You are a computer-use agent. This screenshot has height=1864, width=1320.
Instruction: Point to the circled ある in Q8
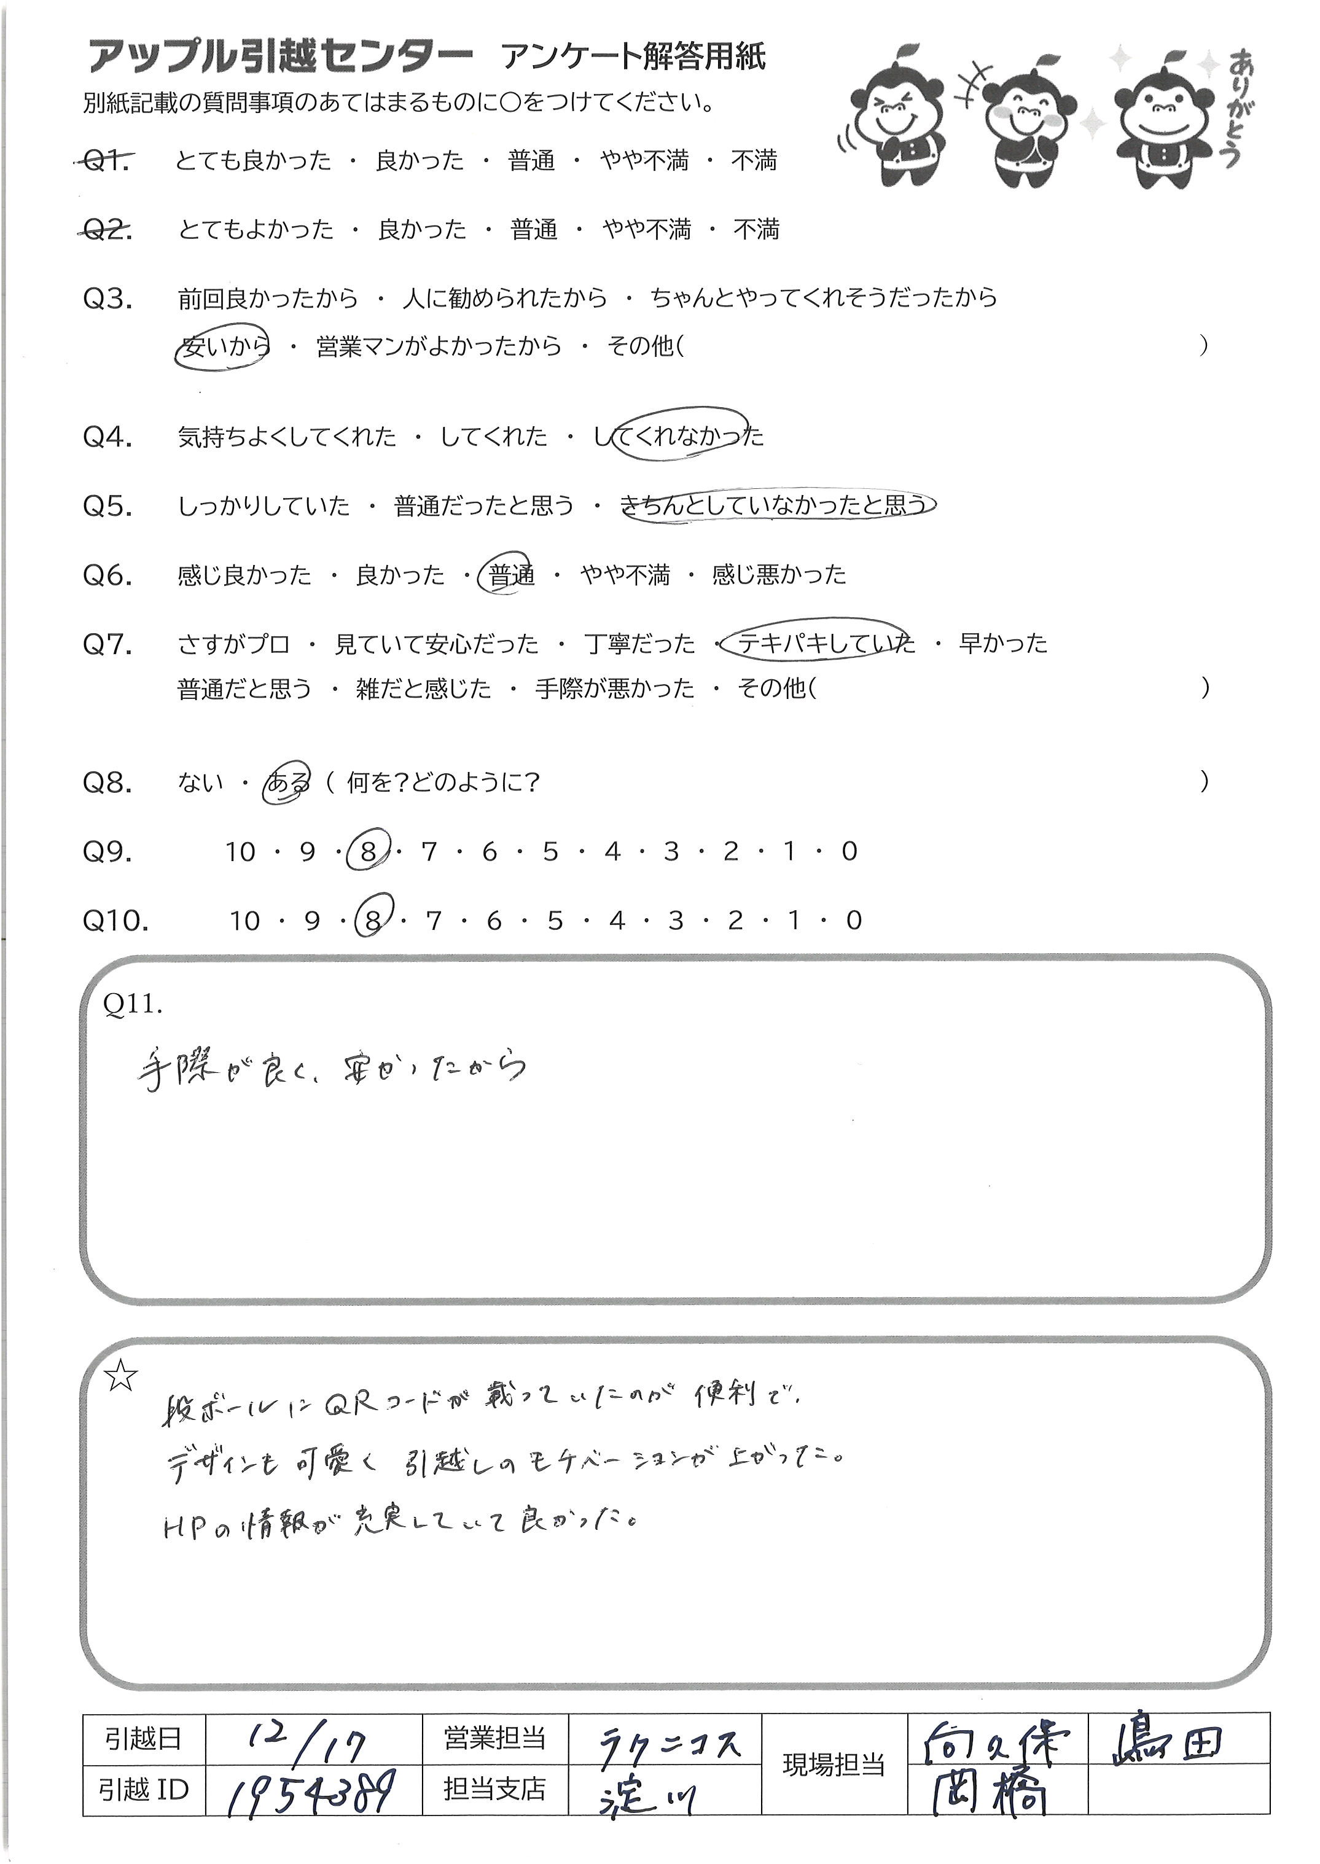[287, 783]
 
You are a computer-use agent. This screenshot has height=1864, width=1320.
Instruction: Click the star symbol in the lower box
[121, 1376]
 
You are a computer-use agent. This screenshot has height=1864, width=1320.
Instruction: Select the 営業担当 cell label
[494, 1738]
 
